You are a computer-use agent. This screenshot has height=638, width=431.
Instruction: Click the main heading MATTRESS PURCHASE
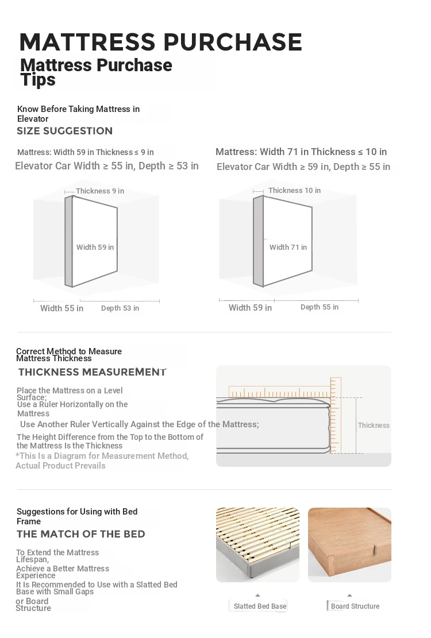pos(160,42)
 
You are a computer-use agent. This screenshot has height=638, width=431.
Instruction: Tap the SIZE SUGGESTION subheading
pos(64,131)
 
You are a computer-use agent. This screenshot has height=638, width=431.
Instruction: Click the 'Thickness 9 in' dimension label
pos(100,191)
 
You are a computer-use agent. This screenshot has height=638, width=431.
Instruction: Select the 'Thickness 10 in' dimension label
pos(294,191)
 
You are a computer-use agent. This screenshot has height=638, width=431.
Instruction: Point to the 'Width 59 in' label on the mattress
pos(95,248)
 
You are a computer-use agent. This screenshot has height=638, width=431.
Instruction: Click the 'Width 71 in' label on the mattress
pos(288,248)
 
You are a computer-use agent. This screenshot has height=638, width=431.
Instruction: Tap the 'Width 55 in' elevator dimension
pos(61,308)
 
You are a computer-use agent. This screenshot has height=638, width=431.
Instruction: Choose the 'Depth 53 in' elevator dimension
pos(120,308)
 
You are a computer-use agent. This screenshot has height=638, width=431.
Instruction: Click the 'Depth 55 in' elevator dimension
pos(320,307)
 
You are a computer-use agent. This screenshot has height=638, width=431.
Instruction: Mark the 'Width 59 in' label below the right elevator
pos(250,308)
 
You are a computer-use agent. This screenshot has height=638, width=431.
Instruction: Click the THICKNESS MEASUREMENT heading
pos(92,372)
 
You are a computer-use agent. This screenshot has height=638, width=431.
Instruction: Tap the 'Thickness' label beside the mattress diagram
pos(374,426)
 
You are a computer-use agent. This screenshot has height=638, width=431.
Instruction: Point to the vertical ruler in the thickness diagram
pos(336,415)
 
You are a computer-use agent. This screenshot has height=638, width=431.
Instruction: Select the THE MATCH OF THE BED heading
pos(80,534)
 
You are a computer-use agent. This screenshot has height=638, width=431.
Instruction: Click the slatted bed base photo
pos(257,544)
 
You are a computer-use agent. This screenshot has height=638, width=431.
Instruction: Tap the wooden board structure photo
pos(349,544)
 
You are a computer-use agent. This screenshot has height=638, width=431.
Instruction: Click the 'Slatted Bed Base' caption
pos(260,606)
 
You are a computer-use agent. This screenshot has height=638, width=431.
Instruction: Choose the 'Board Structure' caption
pos(355,606)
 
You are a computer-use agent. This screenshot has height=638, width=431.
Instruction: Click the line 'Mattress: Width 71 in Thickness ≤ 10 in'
pos(301,152)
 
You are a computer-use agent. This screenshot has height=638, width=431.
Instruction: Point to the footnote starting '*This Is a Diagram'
pos(102,461)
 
